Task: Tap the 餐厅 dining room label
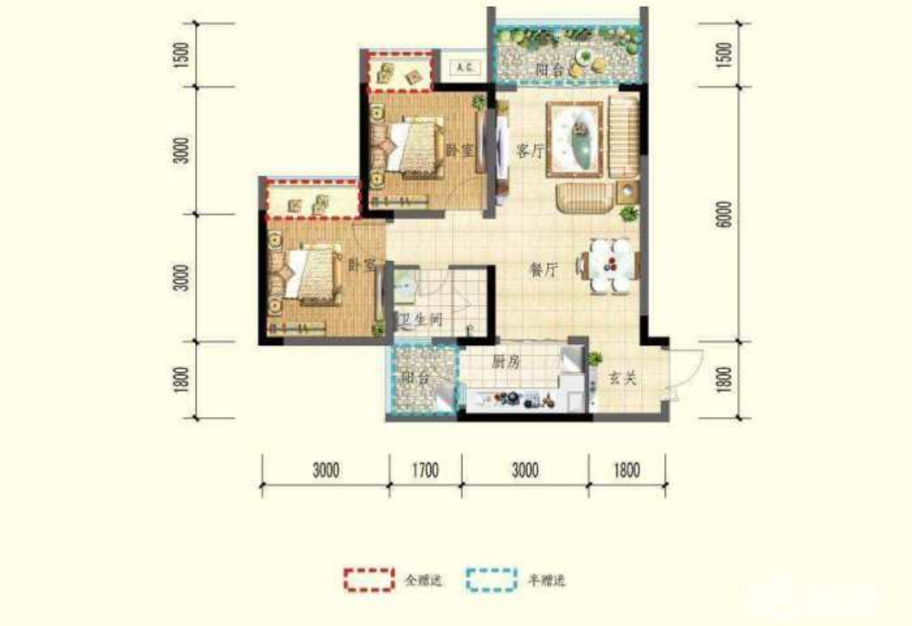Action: point(543,270)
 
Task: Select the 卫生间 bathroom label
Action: point(421,320)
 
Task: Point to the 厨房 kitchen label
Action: point(506,362)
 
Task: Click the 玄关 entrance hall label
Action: point(622,378)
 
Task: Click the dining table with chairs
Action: point(610,266)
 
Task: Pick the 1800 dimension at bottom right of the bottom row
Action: point(627,470)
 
